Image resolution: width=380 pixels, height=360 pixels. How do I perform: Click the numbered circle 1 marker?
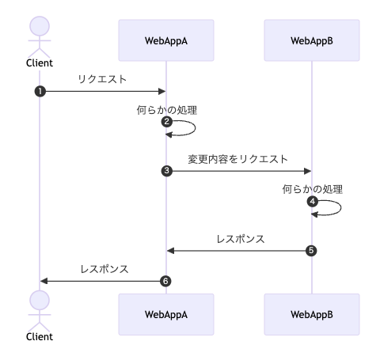click(40, 92)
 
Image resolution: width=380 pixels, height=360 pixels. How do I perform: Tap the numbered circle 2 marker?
click(167, 122)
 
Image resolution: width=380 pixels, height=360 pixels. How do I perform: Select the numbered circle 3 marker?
click(167, 171)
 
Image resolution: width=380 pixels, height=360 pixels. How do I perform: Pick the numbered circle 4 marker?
click(313, 202)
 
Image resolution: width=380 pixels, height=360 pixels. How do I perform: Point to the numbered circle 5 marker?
click(311, 251)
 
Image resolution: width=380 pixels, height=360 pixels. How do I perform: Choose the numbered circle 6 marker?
click(165, 281)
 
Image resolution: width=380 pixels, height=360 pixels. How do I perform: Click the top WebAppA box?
click(166, 40)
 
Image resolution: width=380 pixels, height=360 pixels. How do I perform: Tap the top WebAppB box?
click(312, 40)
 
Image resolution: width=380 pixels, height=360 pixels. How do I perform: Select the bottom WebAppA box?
click(166, 314)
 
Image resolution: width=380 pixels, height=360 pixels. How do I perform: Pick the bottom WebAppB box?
click(312, 314)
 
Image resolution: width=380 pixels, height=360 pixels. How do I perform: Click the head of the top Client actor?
click(40, 26)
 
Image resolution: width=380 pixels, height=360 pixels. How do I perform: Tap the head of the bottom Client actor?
click(40, 301)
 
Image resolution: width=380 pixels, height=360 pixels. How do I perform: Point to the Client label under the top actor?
click(40, 63)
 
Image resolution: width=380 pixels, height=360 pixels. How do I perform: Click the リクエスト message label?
click(102, 79)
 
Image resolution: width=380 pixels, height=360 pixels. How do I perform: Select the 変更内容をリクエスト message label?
click(237, 159)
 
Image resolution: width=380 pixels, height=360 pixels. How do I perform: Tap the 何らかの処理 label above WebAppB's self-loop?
click(313, 189)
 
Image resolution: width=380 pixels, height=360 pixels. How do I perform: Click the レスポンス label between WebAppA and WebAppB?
click(241, 239)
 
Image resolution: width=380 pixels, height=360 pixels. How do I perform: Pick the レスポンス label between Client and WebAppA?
click(104, 269)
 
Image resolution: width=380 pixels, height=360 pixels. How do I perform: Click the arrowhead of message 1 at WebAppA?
click(161, 92)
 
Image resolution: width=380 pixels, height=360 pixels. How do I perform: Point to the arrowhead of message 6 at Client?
click(44, 281)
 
